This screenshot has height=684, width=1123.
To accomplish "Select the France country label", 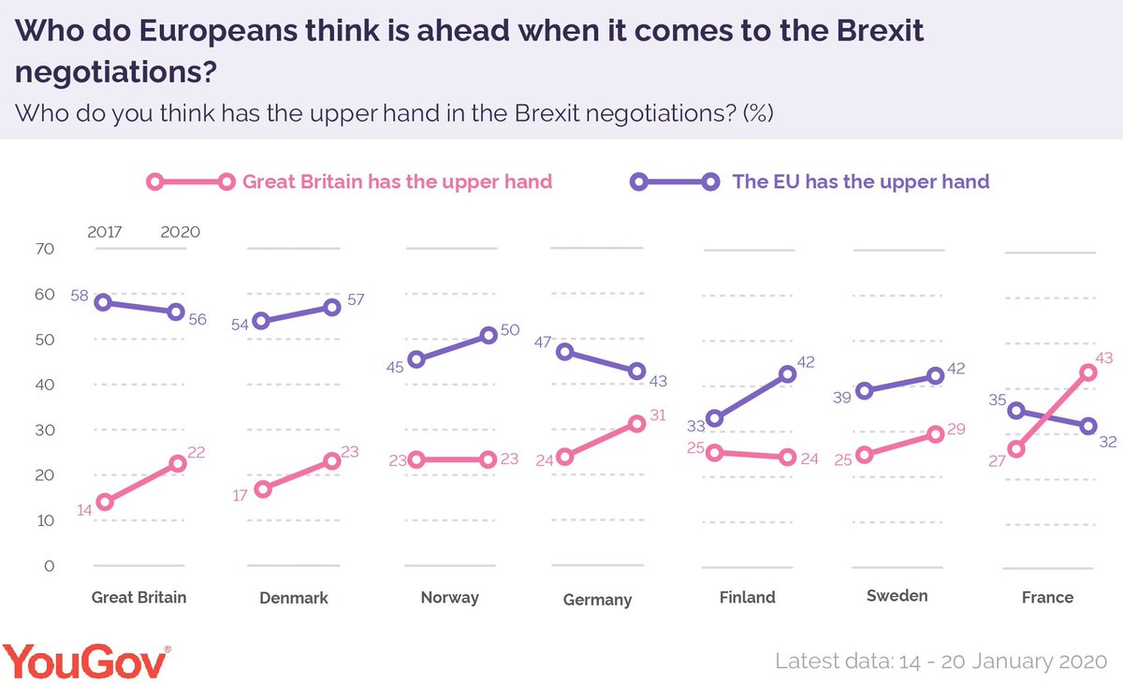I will [1047, 598].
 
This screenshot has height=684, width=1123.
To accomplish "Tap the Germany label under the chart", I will [597, 600].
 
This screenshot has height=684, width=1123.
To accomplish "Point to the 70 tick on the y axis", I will [45, 249].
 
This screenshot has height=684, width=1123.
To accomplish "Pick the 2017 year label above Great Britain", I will [105, 231].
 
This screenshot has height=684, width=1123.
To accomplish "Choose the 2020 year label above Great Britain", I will [180, 231].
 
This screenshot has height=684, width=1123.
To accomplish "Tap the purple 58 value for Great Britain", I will [80, 295].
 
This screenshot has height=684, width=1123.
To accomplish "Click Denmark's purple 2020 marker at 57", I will [332, 307].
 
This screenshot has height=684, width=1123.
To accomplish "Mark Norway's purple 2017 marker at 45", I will [416, 359].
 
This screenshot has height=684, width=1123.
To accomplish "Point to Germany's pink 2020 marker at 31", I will [637, 423].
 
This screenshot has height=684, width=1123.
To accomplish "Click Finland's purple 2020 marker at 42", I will [787, 373].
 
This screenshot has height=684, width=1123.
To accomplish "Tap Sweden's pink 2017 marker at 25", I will [865, 455].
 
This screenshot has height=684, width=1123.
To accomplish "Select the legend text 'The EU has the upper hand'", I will [860, 182].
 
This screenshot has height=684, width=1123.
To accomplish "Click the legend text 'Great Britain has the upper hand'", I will [397, 182].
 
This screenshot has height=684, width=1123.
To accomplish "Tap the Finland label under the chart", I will [747, 597].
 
